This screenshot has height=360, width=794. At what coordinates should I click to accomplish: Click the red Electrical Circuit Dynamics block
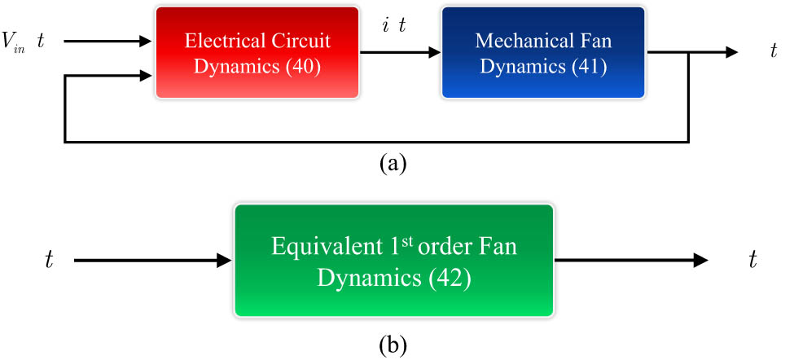pyautogui.click(x=257, y=53)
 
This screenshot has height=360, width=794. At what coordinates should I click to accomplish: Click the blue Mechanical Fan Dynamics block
pyautogui.click(x=543, y=53)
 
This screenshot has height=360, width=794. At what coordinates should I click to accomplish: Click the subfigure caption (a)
pyautogui.click(x=393, y=163)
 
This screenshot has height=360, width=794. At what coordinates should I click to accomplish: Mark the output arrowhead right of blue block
pyautogui.click(x=730, y=53)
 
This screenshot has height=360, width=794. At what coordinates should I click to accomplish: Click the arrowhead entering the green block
pyautogui.click(x=226, y=261)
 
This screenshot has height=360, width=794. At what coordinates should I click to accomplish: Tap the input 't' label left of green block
pyautogui.click(x=50, y=261)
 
